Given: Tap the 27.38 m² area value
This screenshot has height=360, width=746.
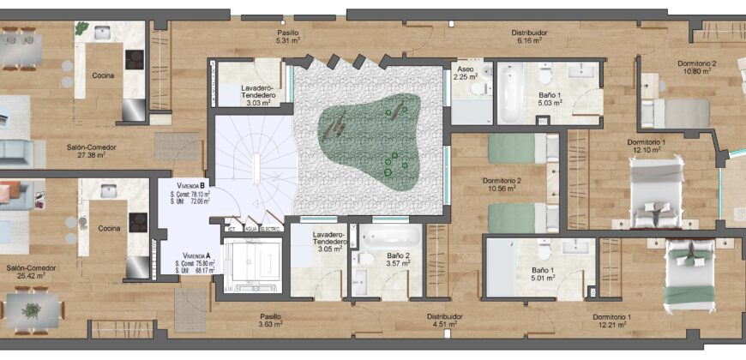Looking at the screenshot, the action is click(x=92, y=154).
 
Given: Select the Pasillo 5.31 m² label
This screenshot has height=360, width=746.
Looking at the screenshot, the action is click(x=287, y=37).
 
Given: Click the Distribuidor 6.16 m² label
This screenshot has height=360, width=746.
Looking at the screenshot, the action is click(x=530, y=37).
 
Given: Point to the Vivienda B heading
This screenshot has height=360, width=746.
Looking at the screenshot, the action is click(x=190, y=185).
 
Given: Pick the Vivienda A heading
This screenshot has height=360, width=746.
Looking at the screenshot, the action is click(x=195, y=255).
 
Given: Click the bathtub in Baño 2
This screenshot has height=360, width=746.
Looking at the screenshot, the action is click(x=390, y=236).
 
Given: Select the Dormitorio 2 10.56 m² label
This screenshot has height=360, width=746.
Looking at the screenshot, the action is click(x=502, y=184).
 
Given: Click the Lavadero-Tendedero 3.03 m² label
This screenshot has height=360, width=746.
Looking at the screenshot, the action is click(x=256, y=95).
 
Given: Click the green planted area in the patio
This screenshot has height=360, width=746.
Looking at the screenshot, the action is click(x=370, y=141).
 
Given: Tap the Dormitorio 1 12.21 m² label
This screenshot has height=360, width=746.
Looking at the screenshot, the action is click(x=612, y=321).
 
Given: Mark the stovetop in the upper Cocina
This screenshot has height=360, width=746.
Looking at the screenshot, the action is click(x=135, y=59).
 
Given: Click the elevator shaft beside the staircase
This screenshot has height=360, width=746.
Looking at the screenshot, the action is click(x=253, y=265).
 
